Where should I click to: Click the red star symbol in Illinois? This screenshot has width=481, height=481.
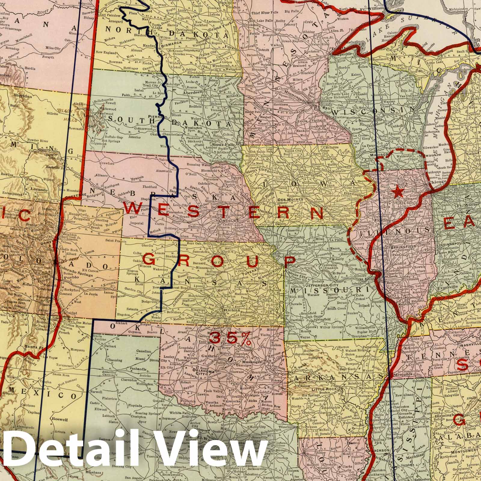tap(399, 191)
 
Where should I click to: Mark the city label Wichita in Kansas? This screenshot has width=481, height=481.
tap(231, 309)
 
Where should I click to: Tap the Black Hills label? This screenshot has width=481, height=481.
tap(64, 114)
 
